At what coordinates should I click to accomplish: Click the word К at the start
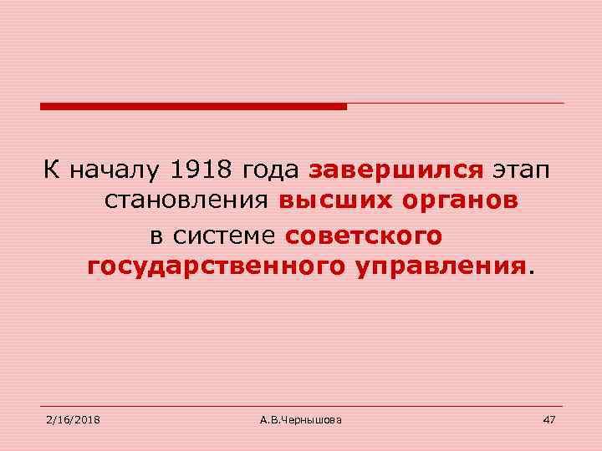[x=52, y=171]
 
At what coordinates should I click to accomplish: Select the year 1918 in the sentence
[x=202, y=171]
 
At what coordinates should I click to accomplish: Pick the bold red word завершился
[x=395, y=172]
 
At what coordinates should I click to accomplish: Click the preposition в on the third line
[x=156, y=236]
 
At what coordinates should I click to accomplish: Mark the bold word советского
[x=362, y=236]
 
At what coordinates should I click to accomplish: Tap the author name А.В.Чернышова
[x=300, y=418]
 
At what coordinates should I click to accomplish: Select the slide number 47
[x=548, y=418]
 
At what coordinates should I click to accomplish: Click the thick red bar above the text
[x=193, y=106]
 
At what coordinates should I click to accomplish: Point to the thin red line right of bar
[x=456, y=104]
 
